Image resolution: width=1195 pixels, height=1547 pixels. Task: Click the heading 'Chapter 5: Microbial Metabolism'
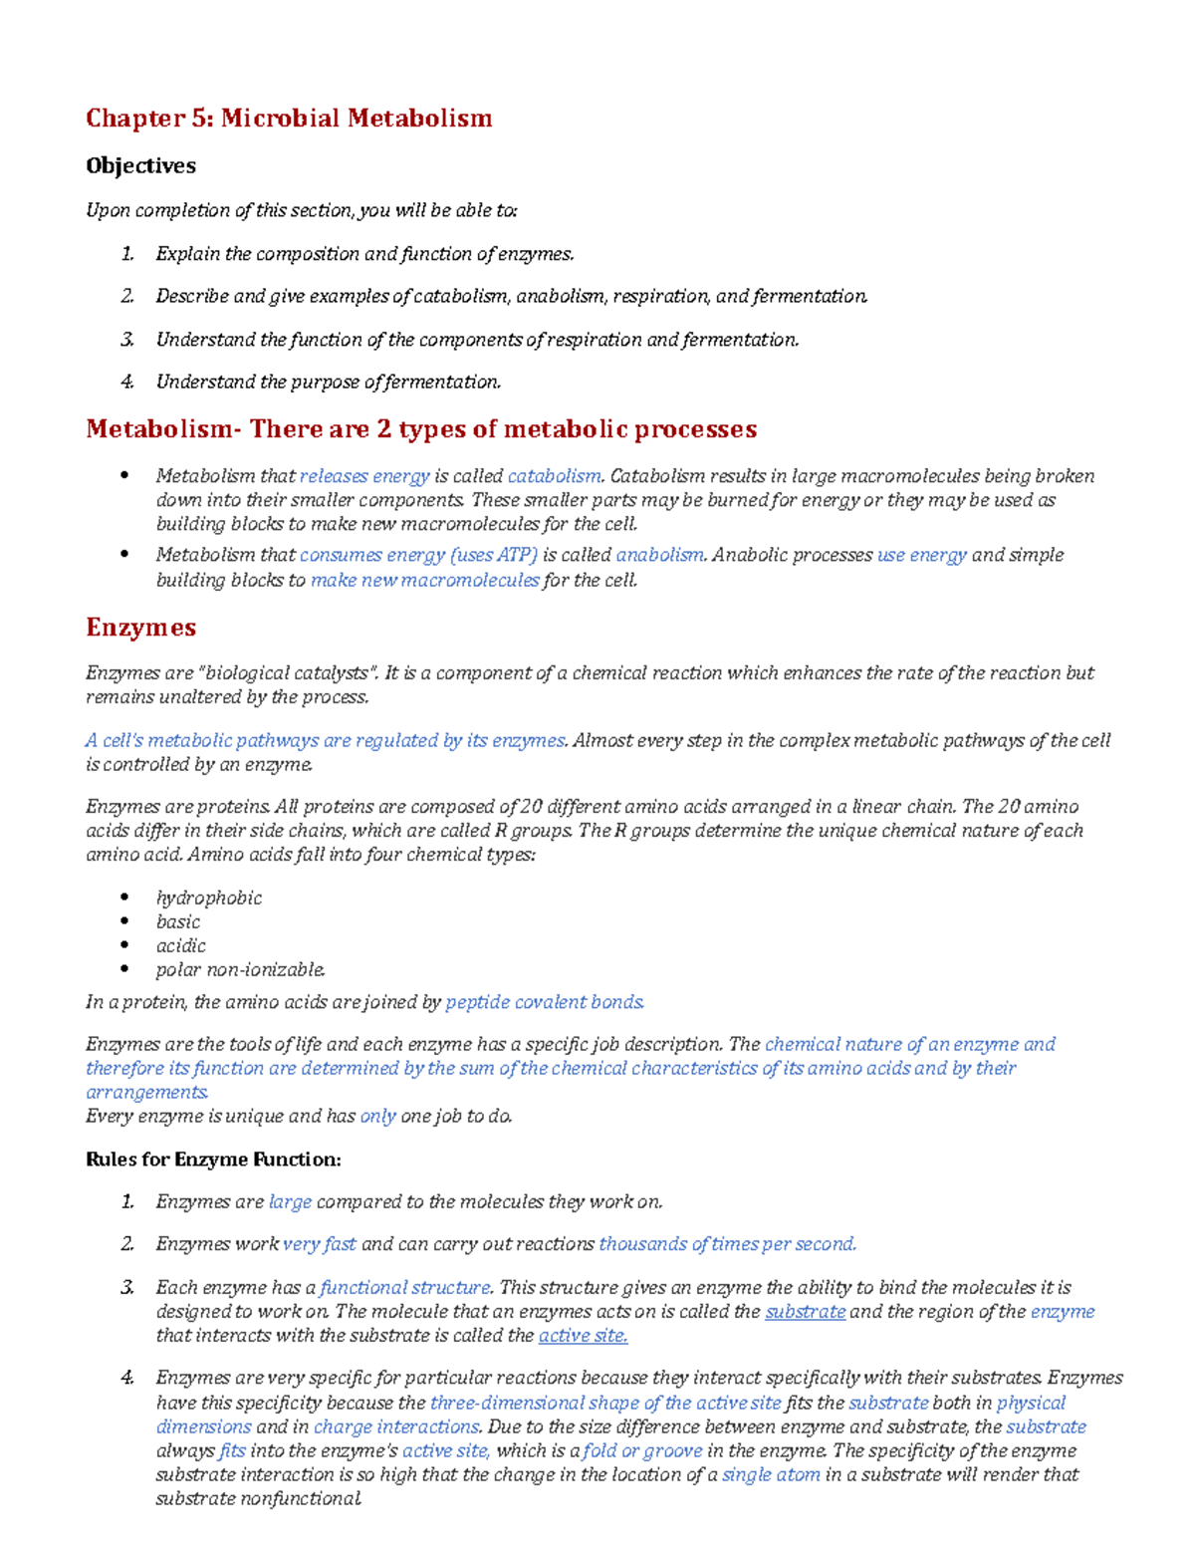(289, 119)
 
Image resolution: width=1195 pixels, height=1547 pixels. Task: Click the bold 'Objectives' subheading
(140, 165)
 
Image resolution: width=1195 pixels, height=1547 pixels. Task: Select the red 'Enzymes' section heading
(140, 628)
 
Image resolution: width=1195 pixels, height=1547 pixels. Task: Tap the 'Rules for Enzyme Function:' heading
(213, 1160)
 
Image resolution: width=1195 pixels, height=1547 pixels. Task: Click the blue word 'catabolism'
(554, 476)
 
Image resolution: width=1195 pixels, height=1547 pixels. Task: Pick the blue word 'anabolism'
(659, 555)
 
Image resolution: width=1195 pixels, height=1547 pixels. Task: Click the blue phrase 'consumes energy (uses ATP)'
(418, 555)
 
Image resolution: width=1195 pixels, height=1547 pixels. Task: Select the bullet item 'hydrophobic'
(208, 898)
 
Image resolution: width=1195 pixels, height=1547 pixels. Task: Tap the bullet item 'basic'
(177, 921)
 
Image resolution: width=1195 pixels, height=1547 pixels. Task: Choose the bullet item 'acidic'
(180, 945)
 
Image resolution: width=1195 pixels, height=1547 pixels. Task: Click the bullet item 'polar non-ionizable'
(240, 969)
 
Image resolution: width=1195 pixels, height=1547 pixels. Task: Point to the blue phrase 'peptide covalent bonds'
(544, 1002)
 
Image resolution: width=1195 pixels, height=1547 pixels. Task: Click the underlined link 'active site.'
(583, 1336)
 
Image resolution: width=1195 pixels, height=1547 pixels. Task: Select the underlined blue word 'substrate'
(805, 1312)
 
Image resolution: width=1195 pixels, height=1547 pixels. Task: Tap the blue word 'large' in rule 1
(290, 1202)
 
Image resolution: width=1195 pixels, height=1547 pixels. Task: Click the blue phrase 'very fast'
(319, 1244)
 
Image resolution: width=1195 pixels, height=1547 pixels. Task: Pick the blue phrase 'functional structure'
(404, 1288)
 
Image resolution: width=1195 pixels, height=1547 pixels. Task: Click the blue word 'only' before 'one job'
(377, 1117)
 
